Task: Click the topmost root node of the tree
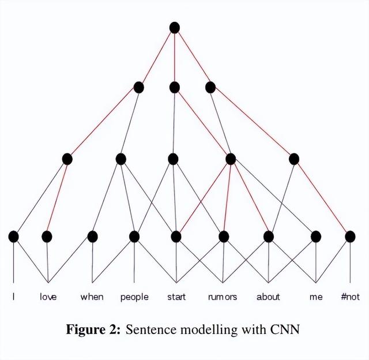[175, 27]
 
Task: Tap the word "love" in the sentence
[48, 297]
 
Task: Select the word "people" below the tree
[134, 297]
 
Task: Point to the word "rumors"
[223, 297]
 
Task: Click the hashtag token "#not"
[350, 297]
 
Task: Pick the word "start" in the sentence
[176, 297]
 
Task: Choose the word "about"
[268, 297]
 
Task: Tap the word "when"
[92, 297]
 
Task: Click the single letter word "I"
[14, 297]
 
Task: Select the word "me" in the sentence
[316, 297]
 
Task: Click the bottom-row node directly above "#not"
[350, 236]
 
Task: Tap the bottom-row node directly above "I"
[14, 236]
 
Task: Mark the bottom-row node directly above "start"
[176, 236]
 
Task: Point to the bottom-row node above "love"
[47, 236]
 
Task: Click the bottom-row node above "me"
[316, 236]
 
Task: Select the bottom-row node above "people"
[134, 236]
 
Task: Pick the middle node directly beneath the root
[175, 88]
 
